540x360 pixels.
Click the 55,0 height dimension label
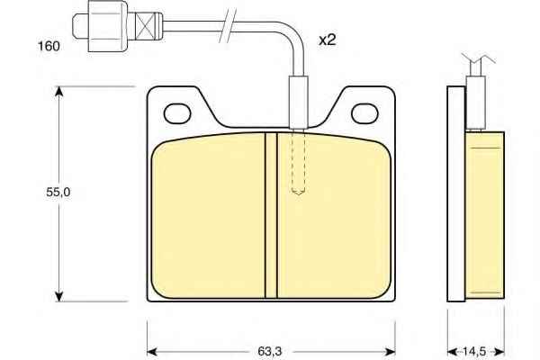click(x=58, y=193)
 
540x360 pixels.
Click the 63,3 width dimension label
click(x=270, y=351)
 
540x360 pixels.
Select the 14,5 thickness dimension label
click(x=474, y=351)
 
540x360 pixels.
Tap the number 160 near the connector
click(x=49, y=46)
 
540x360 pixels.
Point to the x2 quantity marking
click(x=328, y=40)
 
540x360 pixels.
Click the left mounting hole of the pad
click(x=177, y=113)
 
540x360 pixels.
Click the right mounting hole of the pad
click(x=364, y=113)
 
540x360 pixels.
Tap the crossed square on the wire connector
click(x=144, y=26)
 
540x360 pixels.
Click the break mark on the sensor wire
click(x=228, y=26)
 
